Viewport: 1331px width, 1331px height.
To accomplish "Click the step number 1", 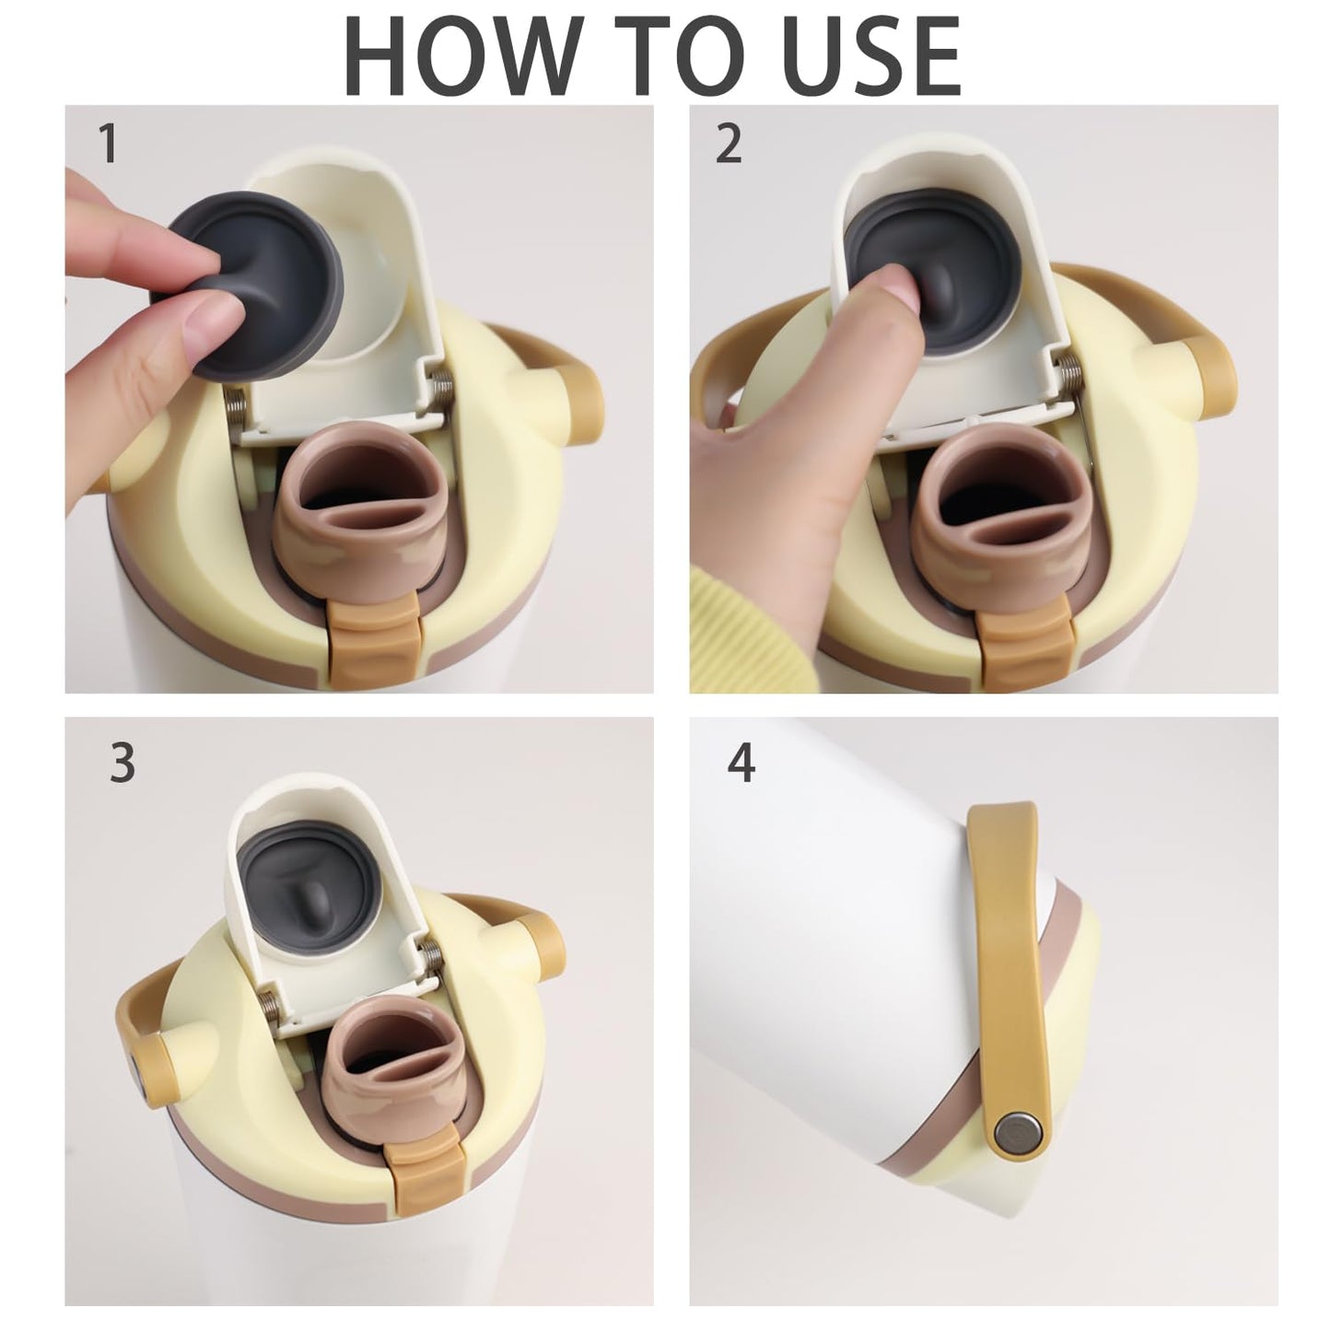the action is [108, 143].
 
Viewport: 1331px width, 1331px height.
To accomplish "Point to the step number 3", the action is [123, 763].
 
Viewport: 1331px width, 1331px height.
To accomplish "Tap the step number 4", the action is [741, 763].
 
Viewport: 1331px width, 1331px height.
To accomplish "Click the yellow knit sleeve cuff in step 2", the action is [753, 622].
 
